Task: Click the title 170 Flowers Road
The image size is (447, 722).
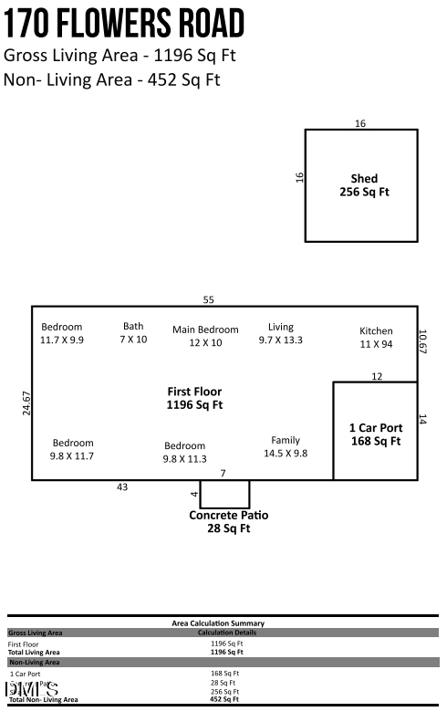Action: [x=125, y=23]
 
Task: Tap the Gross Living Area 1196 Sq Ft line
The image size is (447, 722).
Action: [x=120, y=55]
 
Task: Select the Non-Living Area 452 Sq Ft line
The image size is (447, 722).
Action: [x=112, y=79]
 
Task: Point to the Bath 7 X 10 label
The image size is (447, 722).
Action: [x=133, y=332]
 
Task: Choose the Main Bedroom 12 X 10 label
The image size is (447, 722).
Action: [x=205, y=336]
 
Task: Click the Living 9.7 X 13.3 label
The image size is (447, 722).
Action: [x=280, y=333]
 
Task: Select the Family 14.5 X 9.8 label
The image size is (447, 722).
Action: [x=286, y=446]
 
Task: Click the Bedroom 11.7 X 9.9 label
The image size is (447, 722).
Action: [x=62, y=333]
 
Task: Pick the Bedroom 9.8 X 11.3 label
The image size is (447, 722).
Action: [x=184, y=453]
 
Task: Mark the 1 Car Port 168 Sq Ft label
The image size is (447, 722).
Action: [x=376, y=434]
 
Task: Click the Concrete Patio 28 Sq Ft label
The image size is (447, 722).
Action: [x=228, y=521]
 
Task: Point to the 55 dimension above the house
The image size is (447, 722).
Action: [x=208, y=299]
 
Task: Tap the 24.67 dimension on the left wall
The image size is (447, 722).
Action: [x=26, y=403]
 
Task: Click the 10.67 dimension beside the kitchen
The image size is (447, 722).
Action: [x=421, y=341]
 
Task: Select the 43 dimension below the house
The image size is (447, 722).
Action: [x=122, y=487]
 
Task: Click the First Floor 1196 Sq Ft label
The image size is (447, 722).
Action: [x=194, y=398]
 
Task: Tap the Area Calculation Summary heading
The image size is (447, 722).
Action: [x=223, y=623]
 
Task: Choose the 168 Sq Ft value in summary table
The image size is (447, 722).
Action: [x=223, y=674]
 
